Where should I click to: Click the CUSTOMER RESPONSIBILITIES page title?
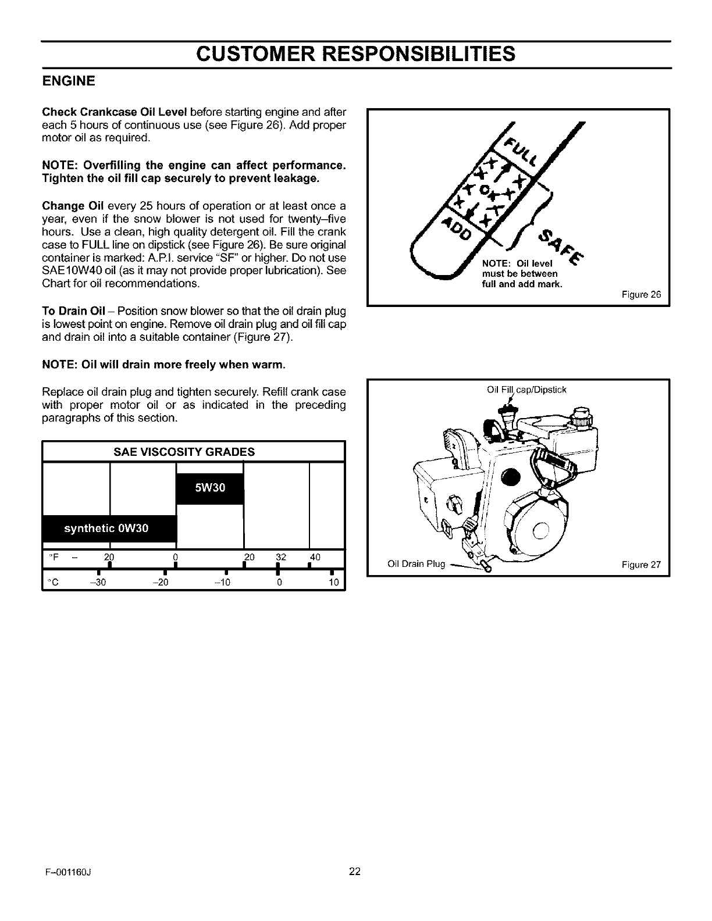coord(355,54)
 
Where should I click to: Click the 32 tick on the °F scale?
coord(281,557)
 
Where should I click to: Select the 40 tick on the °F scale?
coord(315,557)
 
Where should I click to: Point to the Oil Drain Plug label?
coord(416,564)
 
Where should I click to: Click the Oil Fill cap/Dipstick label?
coord(526,390)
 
